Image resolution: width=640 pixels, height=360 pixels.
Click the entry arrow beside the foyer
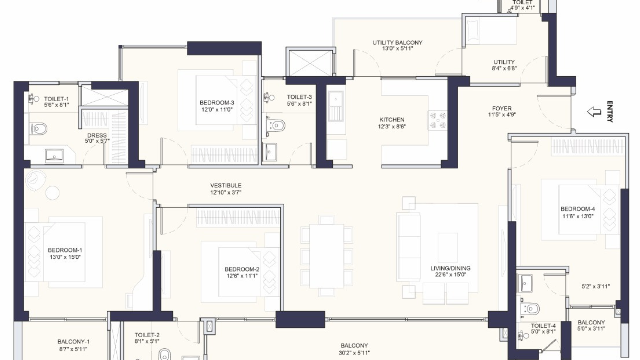(x=594, y=111)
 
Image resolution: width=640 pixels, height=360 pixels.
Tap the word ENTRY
(x=609, y=111)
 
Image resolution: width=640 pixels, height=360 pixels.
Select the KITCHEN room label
(x=392, y=120)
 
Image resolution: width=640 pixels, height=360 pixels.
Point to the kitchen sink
(x=336, y=106)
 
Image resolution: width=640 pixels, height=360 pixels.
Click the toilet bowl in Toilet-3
(x=276, y=125)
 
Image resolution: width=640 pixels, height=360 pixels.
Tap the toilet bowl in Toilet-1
(x=38, y=129)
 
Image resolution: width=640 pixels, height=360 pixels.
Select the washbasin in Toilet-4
(x=525, y=283)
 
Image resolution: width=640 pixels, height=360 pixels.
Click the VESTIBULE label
(x=226, y=185)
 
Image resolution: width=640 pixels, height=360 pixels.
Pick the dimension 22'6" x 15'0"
(x=450, y=275)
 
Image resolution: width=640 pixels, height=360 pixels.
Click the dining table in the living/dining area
(x=327, y=256)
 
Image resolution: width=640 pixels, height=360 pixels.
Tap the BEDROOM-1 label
(x=65, y=250)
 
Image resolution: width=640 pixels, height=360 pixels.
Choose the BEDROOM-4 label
(x=578, y=209)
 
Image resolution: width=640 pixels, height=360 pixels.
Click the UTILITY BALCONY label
(x=397, y=43)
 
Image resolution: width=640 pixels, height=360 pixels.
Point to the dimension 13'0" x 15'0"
(x=65, y=257)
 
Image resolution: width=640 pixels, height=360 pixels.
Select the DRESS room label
(x=97, y=135)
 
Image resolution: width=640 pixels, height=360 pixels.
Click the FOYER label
(x=502, y=109)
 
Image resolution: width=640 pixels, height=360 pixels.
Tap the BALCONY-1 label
(x=73, y=342)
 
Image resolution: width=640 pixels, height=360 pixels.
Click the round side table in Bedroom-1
(x=52, y=193)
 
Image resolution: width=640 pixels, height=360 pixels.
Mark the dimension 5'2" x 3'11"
(x=595, y=286)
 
